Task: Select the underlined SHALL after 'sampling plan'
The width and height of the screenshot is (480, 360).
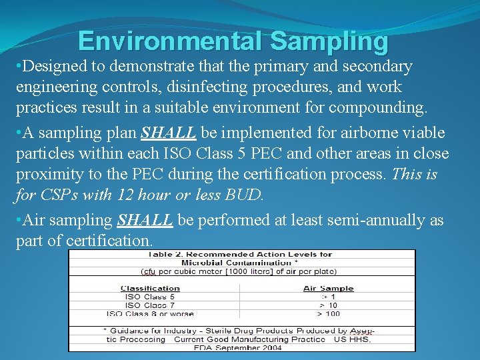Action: (169, 133)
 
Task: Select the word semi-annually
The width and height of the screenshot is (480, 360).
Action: (354, 220)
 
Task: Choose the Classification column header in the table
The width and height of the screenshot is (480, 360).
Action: (150, 289)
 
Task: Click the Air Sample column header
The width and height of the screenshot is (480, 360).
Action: (328, 289)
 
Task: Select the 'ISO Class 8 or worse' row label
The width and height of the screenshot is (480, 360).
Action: (150, 313)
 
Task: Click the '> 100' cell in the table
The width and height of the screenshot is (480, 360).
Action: (328, 313)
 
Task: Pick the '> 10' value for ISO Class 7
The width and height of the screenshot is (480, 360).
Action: (328, 305)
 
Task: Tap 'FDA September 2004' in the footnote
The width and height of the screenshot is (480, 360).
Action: (238, 347)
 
